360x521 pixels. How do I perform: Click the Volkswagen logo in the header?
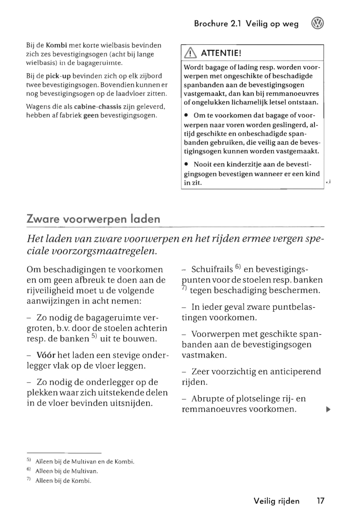317,24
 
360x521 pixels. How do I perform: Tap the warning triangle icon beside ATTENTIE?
190,53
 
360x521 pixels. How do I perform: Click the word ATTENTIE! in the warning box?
221,53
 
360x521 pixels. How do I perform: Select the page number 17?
320,501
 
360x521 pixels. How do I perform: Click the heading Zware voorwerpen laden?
93,219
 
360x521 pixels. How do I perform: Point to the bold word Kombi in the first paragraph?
56,45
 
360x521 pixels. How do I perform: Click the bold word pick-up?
58,76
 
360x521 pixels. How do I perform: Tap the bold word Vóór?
46,355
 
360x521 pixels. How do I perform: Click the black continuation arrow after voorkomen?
328,409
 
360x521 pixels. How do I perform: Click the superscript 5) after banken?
94,337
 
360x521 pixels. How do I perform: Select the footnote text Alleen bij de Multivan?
67,471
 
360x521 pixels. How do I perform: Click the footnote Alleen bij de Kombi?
63,481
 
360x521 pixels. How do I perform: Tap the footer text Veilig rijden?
276,501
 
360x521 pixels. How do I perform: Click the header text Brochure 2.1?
218,24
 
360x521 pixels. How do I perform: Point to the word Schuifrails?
212,269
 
